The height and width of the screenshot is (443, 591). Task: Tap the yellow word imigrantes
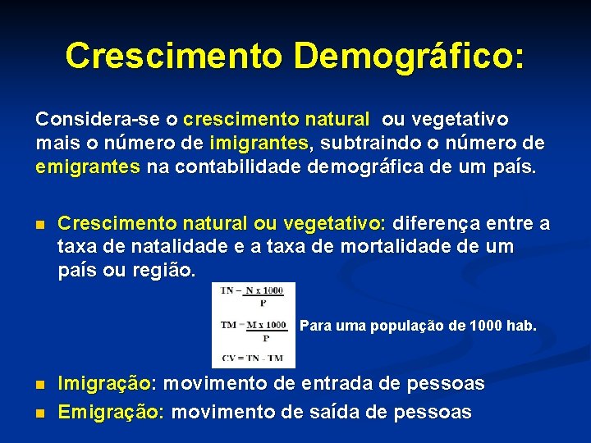click(259, 144)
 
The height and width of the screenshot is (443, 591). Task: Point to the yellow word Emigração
click(110, 411)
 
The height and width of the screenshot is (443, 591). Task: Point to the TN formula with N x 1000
click(254, 295)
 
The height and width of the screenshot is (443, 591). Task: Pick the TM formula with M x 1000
click(254, 327)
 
